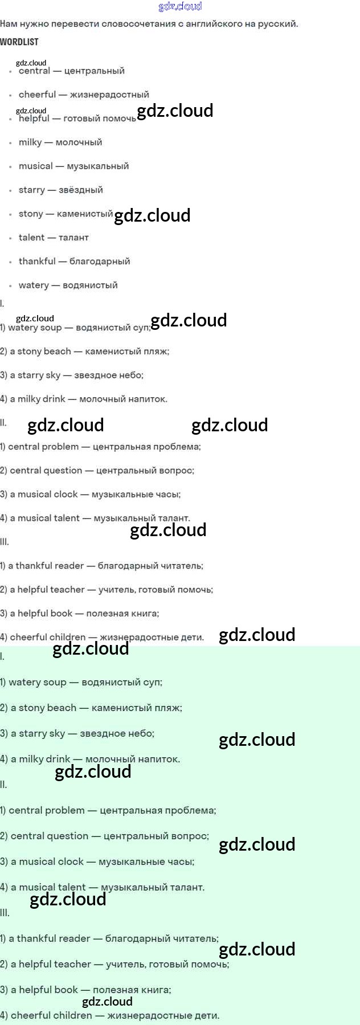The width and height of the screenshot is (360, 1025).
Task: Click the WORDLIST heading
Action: pyautogui.click(x=19, y=42)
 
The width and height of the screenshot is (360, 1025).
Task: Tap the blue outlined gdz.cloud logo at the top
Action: pyautogui.click(x=180, y=6)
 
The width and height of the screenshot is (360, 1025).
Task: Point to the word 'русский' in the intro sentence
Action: pyautogui.click(x=277, y=24)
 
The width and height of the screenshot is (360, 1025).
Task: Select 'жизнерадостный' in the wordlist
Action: pyautogui.click(x=109, y=95)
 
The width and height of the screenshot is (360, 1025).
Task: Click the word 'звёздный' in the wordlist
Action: pyautogui.click(x=81, y=190)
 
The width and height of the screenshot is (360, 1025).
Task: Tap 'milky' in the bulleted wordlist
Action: pyautogui.click(x=30, y=142)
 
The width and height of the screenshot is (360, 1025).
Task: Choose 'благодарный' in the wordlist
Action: pyautogui.click(x=100, y=262)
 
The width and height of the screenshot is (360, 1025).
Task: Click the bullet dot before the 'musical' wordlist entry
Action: pyautogui.click(x=10, y=167)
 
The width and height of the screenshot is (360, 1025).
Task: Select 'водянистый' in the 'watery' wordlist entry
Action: pyautogui.click(x=90, y=285)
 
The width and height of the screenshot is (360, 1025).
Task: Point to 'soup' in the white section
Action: pyautogui.click(x=51, y=328)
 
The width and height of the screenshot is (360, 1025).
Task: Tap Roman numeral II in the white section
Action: pyautogui.click(x=3, y=423)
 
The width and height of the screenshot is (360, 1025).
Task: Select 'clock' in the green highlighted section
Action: pyautogui.click(x=71, y=861)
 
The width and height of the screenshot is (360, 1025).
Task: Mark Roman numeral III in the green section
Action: pyautogui.click(x=5, y=913)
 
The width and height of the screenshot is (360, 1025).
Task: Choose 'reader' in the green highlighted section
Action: pyautogui.click(x=76, y=938)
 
